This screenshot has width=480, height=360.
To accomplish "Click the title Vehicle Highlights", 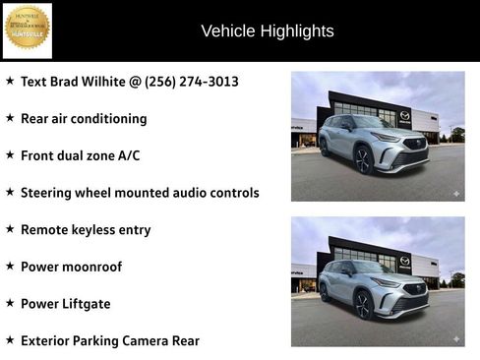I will [x=268, y=30].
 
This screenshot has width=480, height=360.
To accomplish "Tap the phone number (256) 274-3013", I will [x=192, y=81].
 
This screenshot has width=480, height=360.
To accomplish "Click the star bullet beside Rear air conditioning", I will [x=10, y=118].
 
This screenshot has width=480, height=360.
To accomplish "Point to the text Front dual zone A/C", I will [x=81, y=155].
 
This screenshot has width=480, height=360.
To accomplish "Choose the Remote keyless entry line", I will [x=86, y=229].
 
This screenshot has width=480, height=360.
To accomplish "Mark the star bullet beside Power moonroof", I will [x=10, y=267].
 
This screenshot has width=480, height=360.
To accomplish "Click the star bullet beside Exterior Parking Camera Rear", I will [x=10, y=340].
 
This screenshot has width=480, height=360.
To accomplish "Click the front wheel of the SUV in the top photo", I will [x=363, y=160].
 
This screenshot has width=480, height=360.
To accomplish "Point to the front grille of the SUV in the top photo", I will [x=414, y=153].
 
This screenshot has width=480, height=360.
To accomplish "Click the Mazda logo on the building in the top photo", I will [x=403, y=115].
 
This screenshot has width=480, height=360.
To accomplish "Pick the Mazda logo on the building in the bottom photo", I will [x=404, y=261].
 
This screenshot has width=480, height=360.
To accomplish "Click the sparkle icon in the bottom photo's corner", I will [x=455, y=338].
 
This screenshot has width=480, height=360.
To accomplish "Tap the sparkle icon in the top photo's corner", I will [x=455, y=193].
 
